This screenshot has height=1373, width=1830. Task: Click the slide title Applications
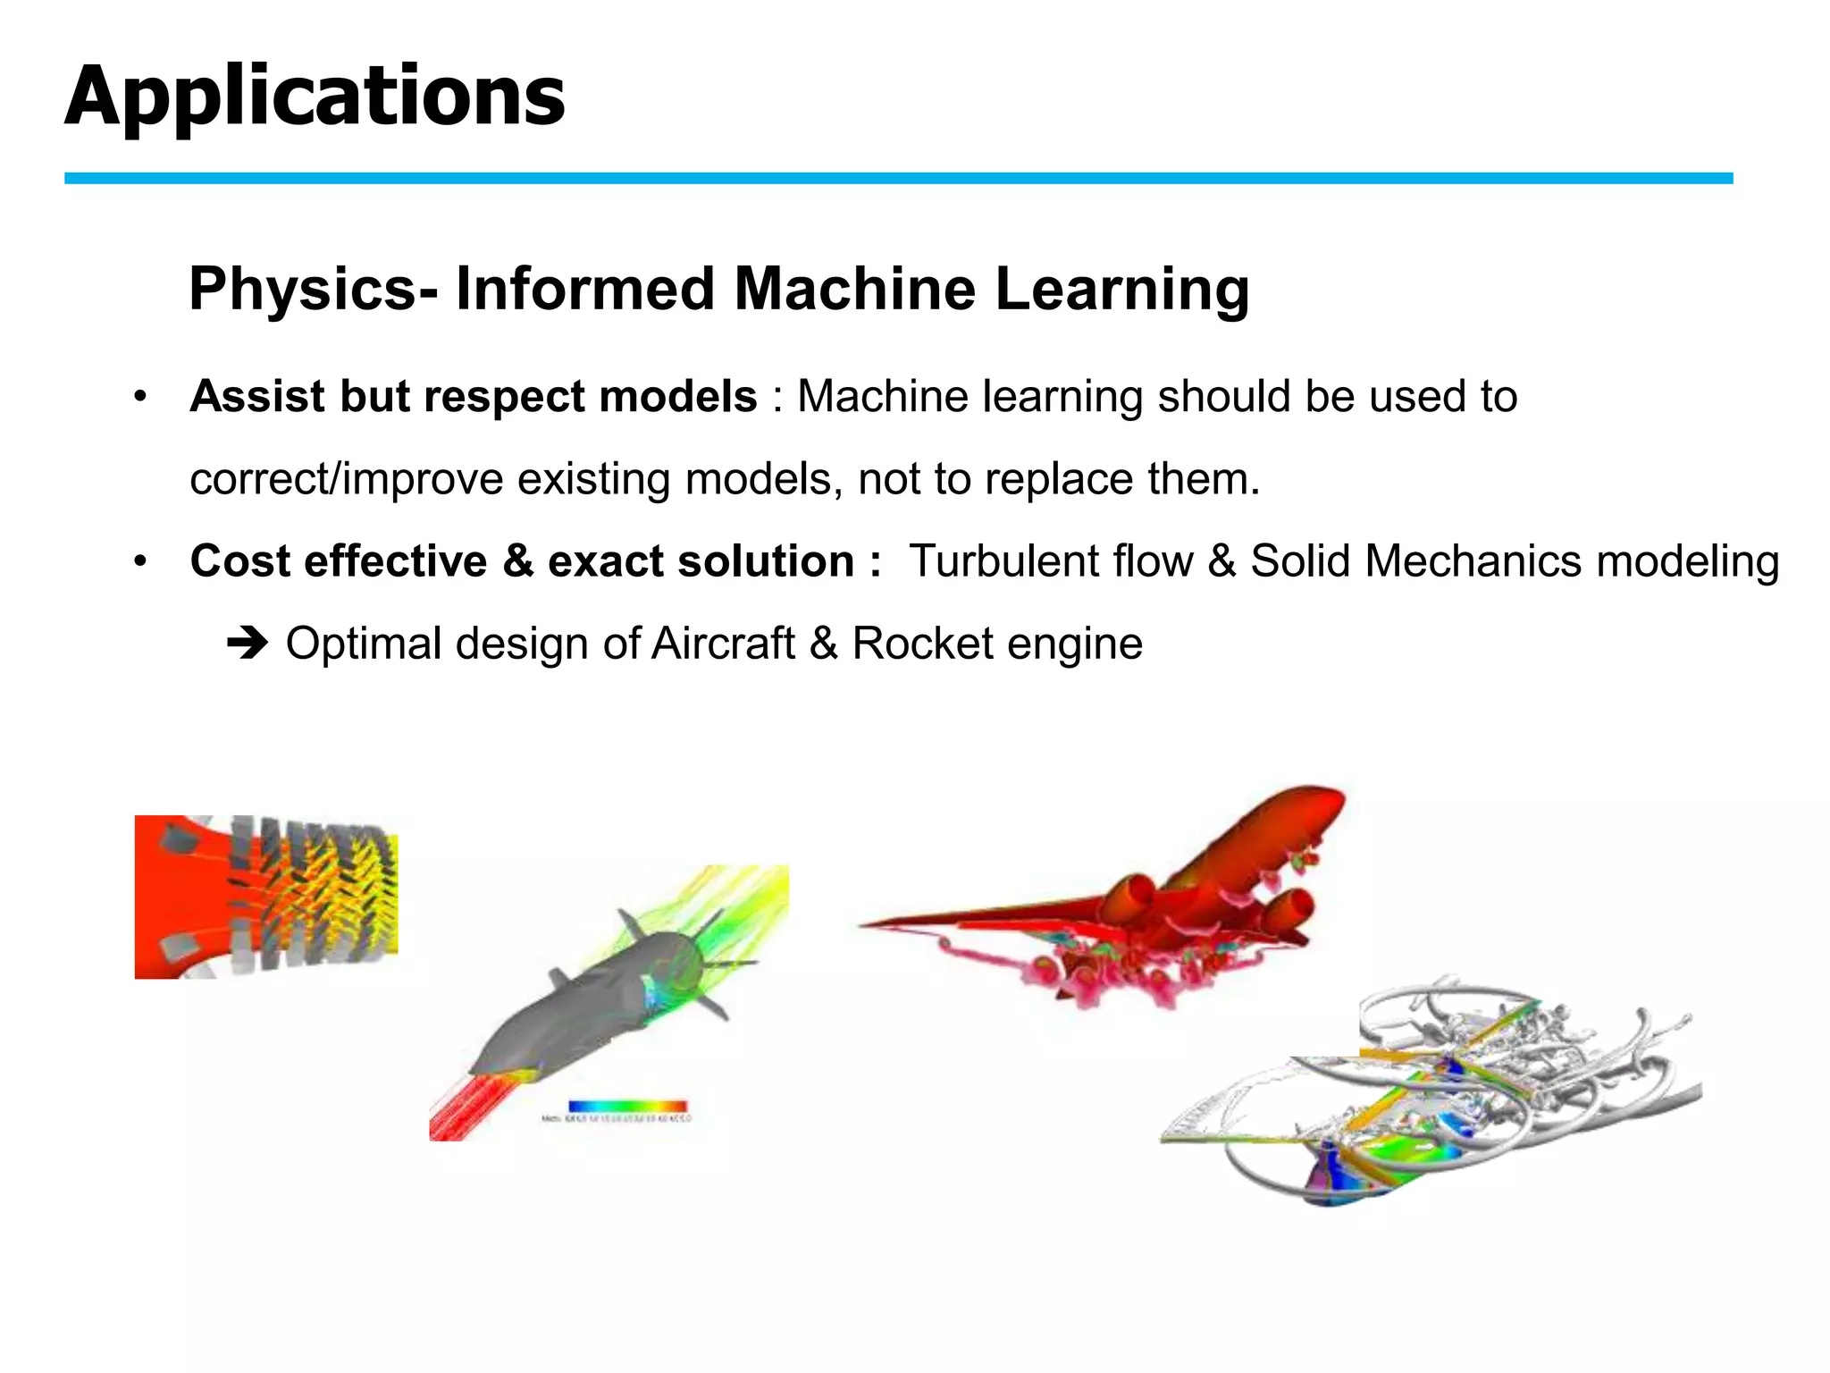click(315, 97)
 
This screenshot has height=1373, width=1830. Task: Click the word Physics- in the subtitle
click(314, 290)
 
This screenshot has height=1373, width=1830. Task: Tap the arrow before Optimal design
click(248, 644)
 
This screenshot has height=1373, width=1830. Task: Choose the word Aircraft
click(724, 644)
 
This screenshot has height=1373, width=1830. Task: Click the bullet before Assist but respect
click(139, 397)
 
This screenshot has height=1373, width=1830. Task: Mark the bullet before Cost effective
click(139, 562)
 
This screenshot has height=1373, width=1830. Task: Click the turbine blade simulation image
click(265, 897)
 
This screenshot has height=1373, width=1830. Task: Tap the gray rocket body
click(572, 1010)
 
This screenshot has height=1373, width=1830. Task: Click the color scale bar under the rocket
click(627, 1107)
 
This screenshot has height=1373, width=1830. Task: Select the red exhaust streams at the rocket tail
click(465, 1108)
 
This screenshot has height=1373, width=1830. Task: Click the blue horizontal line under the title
click(898, 179)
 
